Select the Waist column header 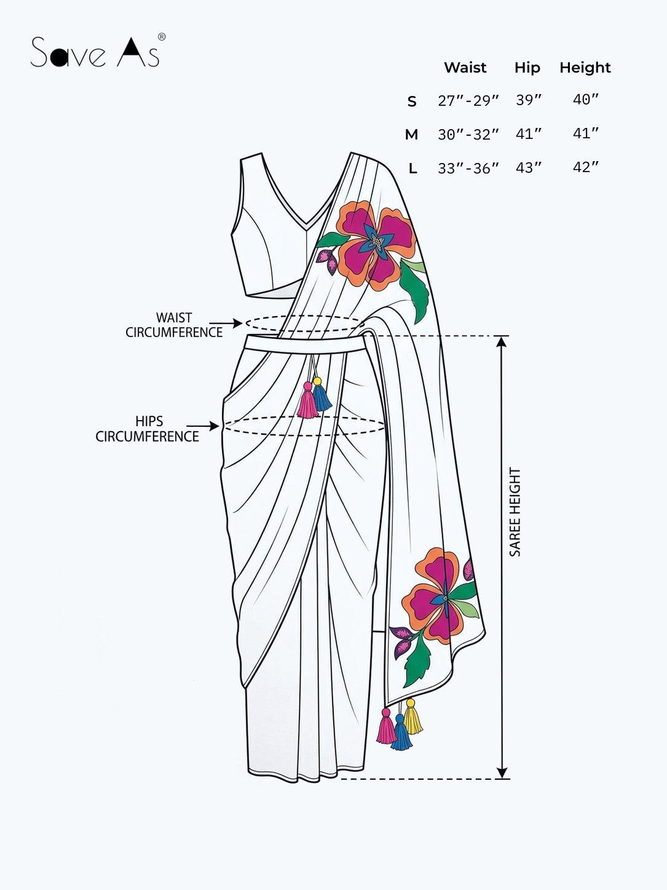click(465, 67)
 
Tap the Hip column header click(527, 68)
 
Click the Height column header click(585, 68)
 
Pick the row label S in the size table click(412, 101)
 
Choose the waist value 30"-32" click(468, 134)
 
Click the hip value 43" click(529, 167)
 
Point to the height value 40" click(586, 100)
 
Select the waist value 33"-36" click(468, 168)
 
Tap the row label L click(412, 169)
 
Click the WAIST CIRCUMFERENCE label click(174, 325)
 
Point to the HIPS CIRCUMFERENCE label click(148, 429)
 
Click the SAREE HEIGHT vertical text click(515, 512)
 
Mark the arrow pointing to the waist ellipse click(226, 323)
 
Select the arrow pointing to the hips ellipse click(203, 426)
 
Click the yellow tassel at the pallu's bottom click(412, 717)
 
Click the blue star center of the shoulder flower click(378, 242)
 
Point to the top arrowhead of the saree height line click(502, 342)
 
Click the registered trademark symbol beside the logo click(161, 37)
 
